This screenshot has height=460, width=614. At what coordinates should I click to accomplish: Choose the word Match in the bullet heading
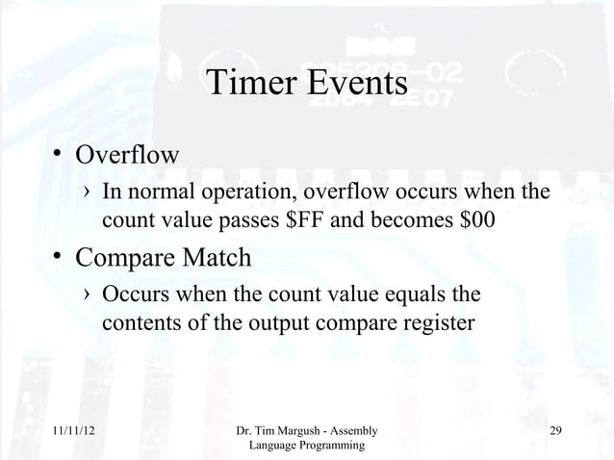click(223, 259)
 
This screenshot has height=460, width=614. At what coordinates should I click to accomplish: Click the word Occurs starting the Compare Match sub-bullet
click(134, 293)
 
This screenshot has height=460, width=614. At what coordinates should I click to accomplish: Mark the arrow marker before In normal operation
click(88, 194)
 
